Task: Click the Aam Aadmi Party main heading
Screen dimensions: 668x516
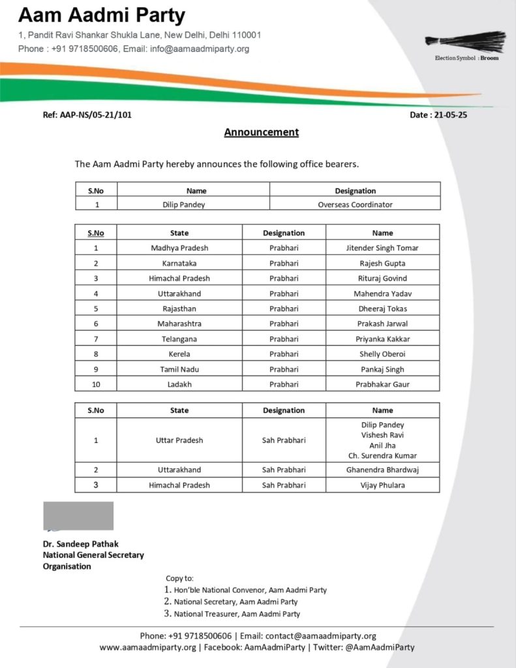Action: [x=102, y=15]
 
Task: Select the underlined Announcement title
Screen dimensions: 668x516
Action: [x=261, y=132]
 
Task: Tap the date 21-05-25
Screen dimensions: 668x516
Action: [x=438, y=115]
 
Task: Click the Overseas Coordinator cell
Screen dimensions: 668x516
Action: [x=355, y=204]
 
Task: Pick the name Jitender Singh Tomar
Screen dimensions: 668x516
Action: [x=382, y=248]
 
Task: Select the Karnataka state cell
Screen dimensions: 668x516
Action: [x=179, y=264]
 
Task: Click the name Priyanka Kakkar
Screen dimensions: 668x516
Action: [x=382, y=339]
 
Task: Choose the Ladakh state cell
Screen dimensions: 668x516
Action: [x=179, y=384]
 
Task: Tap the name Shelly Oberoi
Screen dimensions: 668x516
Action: [x=382, y=354]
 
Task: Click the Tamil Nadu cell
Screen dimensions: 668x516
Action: [x=179, y=369]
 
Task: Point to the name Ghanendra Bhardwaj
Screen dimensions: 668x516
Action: [x=382, y=470]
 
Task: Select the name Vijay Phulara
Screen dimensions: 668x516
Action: [x=382, y=485]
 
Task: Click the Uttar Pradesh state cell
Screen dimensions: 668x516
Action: [x=179, y=440]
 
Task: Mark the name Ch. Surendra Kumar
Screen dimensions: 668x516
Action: [x=382, y=455]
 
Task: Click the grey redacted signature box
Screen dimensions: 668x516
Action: [x=78, y=516]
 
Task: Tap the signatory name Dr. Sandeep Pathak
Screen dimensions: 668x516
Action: [x=81, y=543]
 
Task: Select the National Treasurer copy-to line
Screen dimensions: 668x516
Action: [x=237, y=614]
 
